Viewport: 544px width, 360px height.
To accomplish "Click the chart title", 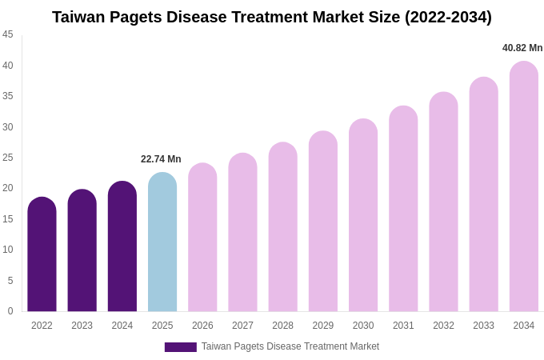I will [272, 17].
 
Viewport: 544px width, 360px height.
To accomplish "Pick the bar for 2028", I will [282, 227].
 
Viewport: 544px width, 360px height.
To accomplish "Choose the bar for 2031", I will [403, 209].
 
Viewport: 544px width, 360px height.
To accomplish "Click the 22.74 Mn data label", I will [161, 159].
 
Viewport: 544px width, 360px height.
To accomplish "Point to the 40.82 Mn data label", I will [522, 48].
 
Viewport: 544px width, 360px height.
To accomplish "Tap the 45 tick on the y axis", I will [8, 34].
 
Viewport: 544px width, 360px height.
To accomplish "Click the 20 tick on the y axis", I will [8, 188].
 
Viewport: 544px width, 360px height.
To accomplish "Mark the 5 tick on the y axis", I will [10, 281].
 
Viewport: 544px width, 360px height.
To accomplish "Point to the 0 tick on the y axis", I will [10, 311].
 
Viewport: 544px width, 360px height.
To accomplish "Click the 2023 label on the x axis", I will [82, 326].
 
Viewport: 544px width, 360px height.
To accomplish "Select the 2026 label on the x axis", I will [202, 326].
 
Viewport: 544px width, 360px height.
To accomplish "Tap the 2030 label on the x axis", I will [363, 326].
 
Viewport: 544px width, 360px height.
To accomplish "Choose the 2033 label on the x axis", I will [483, 326].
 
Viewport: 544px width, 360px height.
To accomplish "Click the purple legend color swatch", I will [180, 347].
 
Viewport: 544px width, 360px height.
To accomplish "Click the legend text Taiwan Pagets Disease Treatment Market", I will [290, 346].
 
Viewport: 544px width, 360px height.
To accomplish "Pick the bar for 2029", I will [323, 222].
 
